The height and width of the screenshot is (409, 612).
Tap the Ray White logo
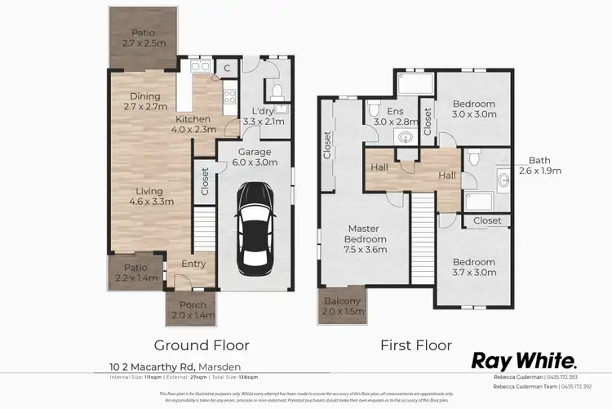tap(526, 362)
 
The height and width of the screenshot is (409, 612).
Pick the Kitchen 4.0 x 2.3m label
tap(193, 122)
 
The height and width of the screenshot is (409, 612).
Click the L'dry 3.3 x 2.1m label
tap(263, 116)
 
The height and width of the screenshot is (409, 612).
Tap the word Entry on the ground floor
tap(194, 264)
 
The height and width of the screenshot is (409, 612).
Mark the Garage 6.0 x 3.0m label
tap(254, 157)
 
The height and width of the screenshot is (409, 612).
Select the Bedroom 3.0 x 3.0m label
tap(473, 109)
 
